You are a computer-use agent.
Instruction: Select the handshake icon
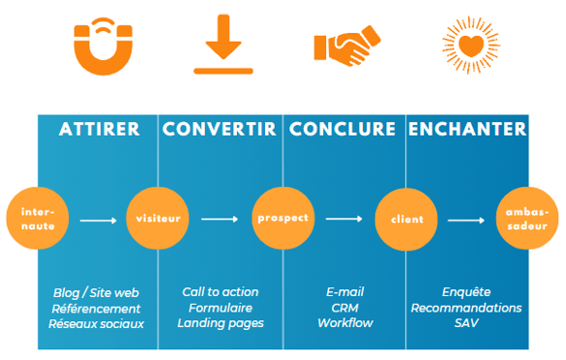point(346,45)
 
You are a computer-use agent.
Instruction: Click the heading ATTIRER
point(99,129)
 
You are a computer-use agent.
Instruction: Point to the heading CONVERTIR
point(220,129)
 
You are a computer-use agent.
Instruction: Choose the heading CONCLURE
point(343,129)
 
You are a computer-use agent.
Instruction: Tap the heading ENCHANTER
point(467,129)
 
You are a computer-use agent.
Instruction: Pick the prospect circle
point(282,219)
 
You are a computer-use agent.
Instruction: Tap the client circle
point(405,219)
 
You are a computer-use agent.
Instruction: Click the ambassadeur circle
point(528,219)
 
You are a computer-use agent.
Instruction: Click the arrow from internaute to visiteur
point(98,220)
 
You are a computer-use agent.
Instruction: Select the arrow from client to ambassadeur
point(466,220)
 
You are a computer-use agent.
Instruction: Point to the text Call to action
point(221,291)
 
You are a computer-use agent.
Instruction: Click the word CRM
point(344,307)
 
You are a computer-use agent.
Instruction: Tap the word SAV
point(466,322)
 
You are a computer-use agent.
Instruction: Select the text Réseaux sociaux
point(97,322)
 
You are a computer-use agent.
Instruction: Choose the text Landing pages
point(221,322)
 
